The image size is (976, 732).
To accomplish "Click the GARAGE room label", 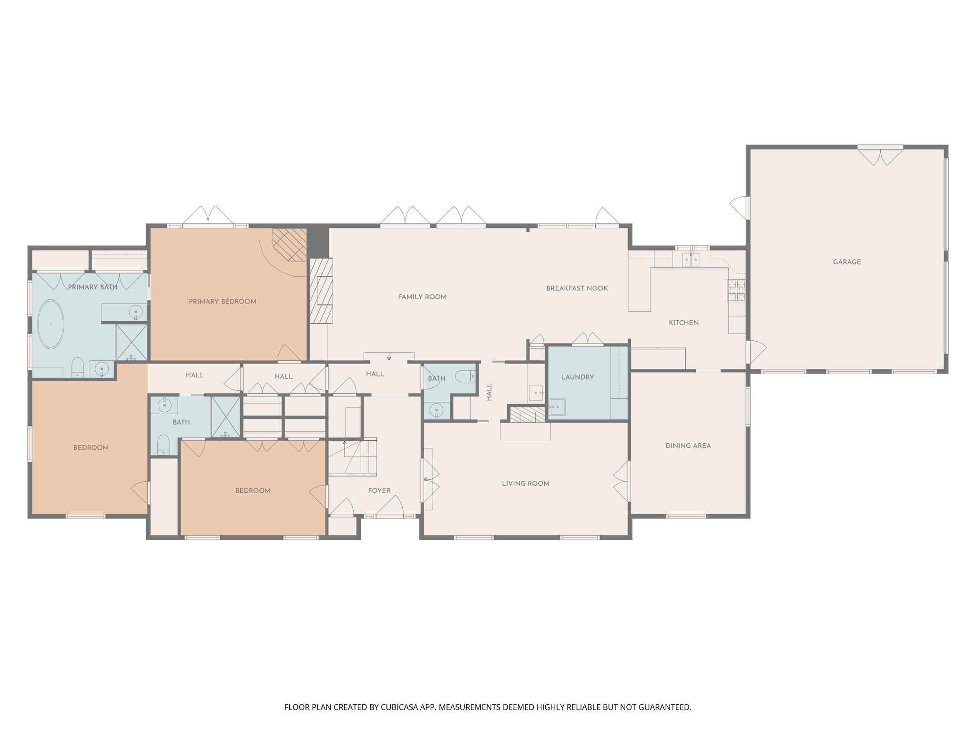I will [846, 262].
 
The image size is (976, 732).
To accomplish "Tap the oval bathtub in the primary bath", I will [51, 324].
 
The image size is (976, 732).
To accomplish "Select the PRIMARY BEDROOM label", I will [222, 301].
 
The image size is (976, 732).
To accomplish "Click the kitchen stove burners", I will [736, 291].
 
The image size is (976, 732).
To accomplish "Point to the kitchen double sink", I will [691, 260].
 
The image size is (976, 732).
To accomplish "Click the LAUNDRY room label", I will [577, 377].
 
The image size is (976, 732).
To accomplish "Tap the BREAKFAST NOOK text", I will [577, 288].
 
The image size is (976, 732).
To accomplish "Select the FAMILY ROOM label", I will [422, 297].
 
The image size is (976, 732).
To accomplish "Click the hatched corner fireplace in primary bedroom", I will [289, 244].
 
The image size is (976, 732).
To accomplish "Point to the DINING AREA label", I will [688, 446].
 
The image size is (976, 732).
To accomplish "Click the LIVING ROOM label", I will [525, 483].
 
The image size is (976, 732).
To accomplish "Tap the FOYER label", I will [379, 490].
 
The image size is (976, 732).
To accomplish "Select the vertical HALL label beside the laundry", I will [489, 392].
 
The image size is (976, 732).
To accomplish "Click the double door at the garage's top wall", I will [880, 155].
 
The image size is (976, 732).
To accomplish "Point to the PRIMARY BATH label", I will [92, 287].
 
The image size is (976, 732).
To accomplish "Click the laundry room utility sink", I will [557, 407].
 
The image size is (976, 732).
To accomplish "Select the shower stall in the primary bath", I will [132, 342].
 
